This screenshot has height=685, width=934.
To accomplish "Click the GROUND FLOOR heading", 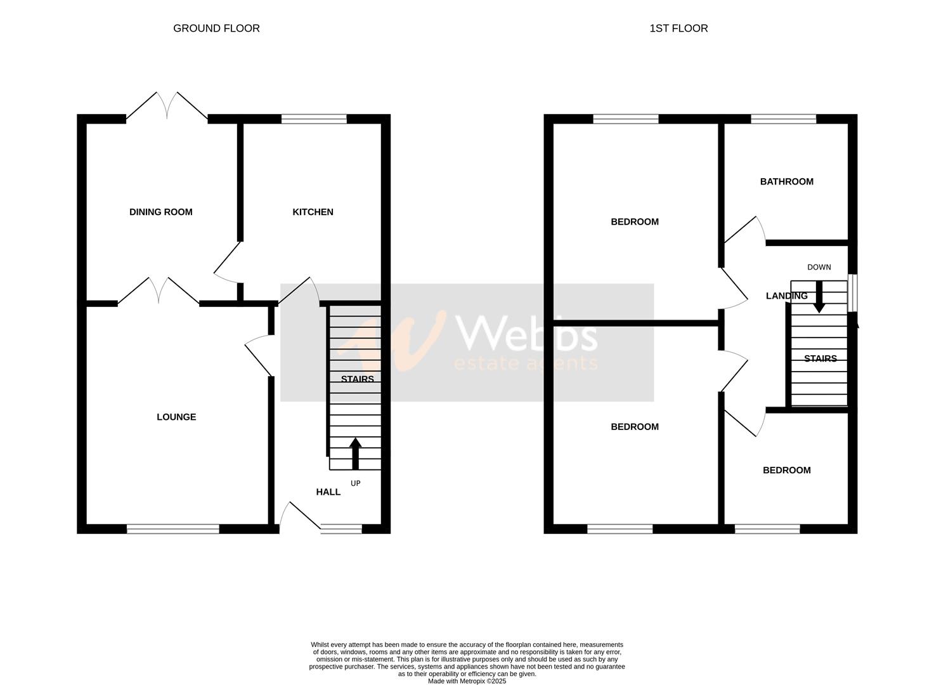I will pyautogui.click(x=216, y=29).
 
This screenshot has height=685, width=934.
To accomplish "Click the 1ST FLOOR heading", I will pyautogui.click(x=678, y=29).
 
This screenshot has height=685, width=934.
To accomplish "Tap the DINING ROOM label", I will pyautogui.click(x=160, y=212).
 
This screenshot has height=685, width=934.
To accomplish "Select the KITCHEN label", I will pyautogui.click(x=313, y=212).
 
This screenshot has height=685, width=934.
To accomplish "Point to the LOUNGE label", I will pyautogui.click(x=176, y=417).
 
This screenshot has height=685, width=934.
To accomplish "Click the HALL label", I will pyautogui.click(x=328, y=492).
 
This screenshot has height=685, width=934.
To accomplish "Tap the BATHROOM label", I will pyautogui.click(x=786, y=181).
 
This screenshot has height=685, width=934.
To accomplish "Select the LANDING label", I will pyautogui.click(x=786, y=296).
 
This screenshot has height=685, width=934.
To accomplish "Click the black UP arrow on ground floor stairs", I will pyautogui.click(x=355, y=453).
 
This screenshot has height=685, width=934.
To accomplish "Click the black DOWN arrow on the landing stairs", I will pyautogui.click(x=819, y=297).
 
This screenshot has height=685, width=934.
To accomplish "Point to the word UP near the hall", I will pyautogui.click(x=356, y=483).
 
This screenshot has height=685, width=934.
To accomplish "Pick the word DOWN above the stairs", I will pyautogui.click(x=819, y=267).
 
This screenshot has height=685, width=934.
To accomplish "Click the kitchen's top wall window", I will pyautogui.click(x=314, y=119).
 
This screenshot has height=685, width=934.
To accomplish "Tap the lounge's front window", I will pyautogui.click(x=172, y=528).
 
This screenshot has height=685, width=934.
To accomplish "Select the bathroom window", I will pyautogui.click(x=783, y=119).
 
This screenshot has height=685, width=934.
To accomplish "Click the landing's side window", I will pyautogui.click(x=853, y=292).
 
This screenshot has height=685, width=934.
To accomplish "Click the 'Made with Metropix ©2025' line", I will pyautogui.click(x=467, y=681).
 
